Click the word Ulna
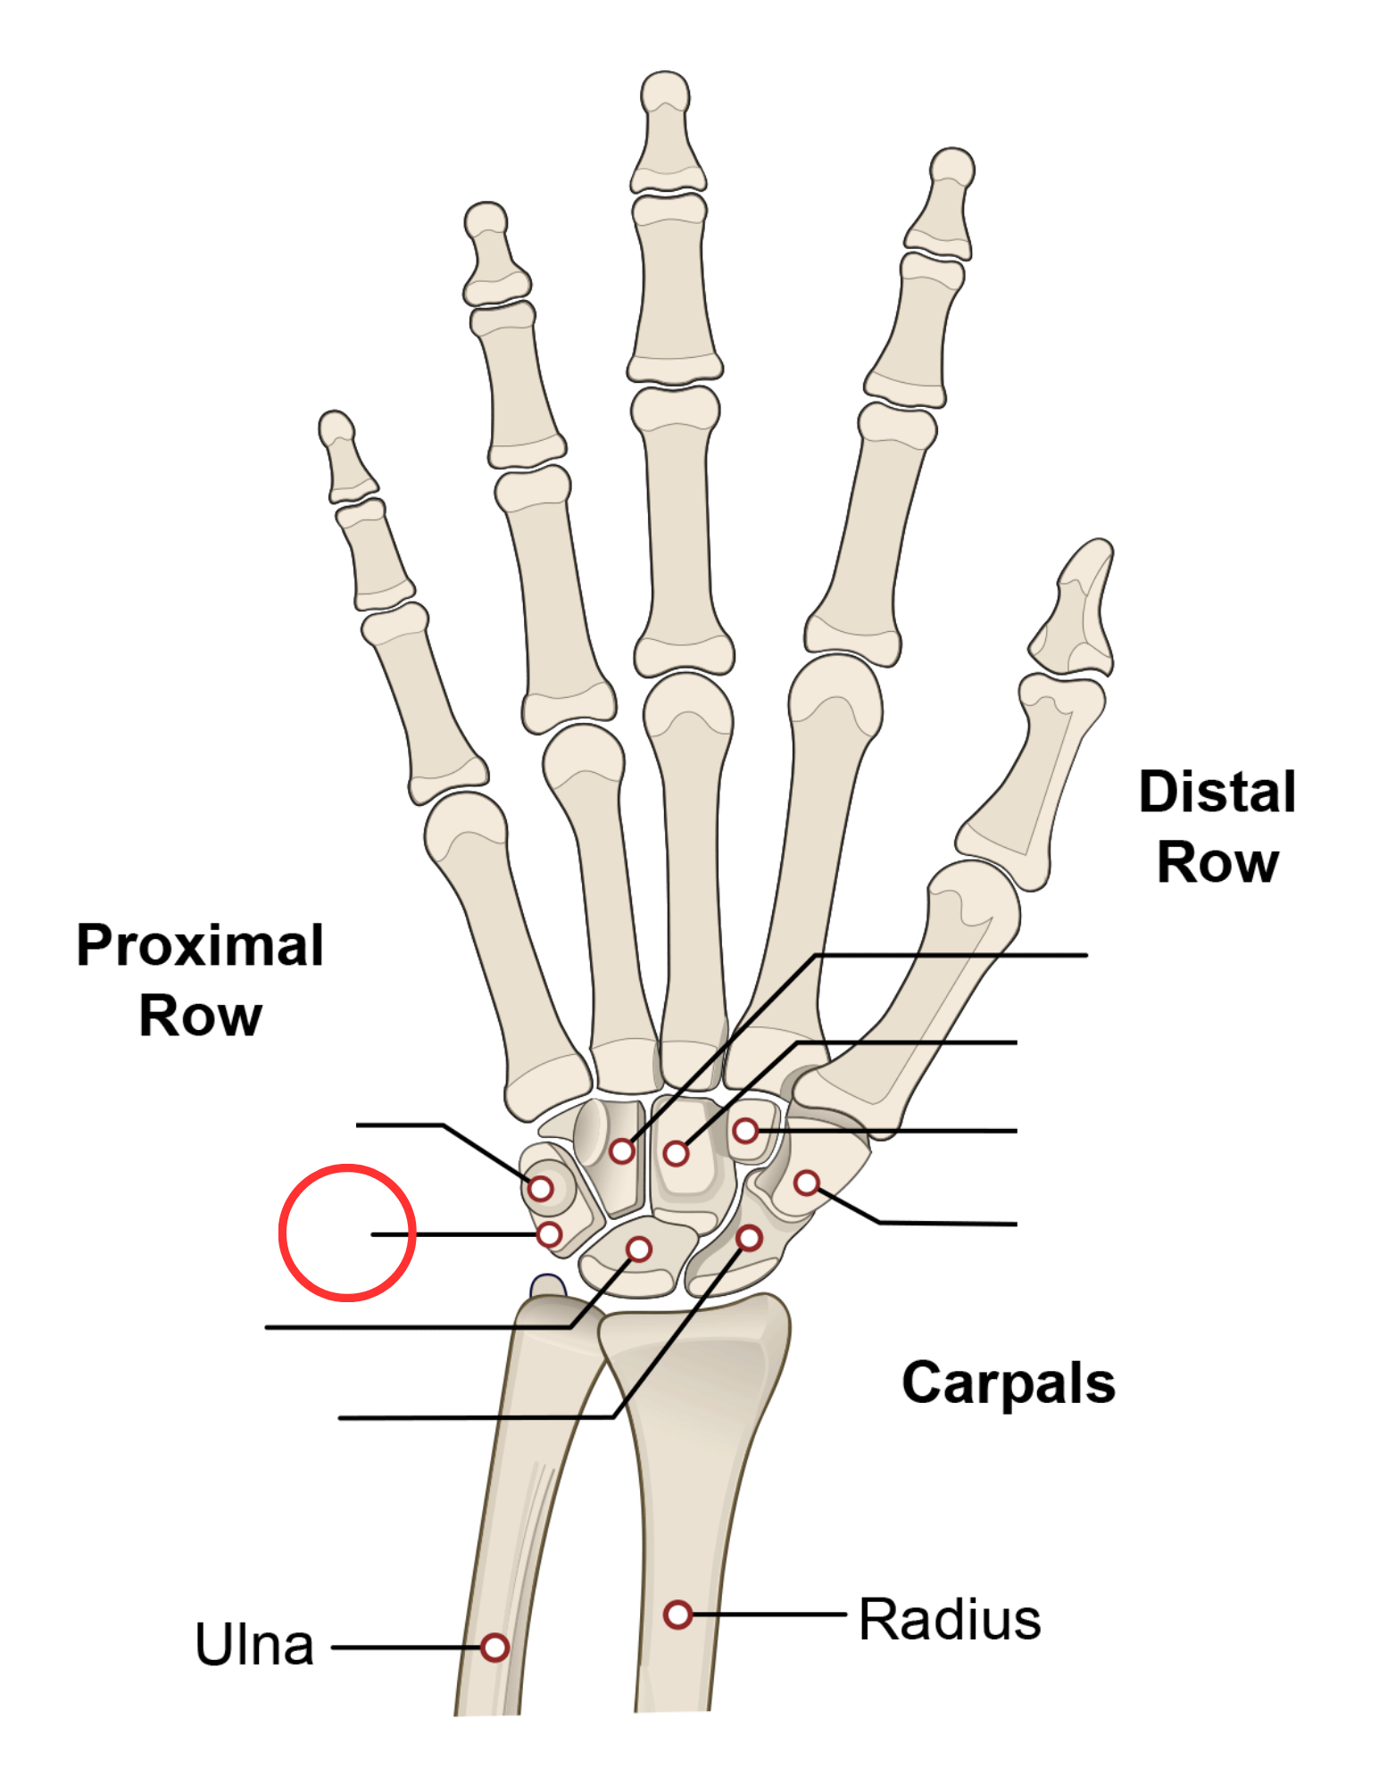tap(254, 1644)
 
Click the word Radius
tap(950, 1619)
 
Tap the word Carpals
tap(1009, 1384)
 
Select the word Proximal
tap(200, 945)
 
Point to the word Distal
tap(1217, 792)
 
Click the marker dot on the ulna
tap(494, 1647)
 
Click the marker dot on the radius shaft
tap(677, 1614)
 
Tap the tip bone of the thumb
tap(1075, 608)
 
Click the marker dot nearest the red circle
tap(549, 1234)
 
